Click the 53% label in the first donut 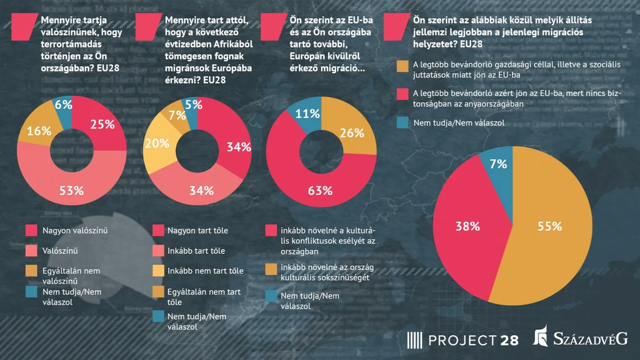pos(71,190)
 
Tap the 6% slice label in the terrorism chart pos(63,104)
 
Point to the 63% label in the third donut pos(320,190)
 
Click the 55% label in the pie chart pos(550,226)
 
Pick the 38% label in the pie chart pos(468,226)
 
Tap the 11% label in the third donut pos(307,113)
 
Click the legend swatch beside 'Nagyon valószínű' pos(31,231)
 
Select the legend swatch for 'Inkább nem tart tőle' pos(158,271)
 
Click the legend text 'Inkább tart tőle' pos(196,251)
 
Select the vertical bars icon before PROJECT pos(414,340)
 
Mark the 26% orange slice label pos(352,133)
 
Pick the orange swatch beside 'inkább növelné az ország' pos(271,269)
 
